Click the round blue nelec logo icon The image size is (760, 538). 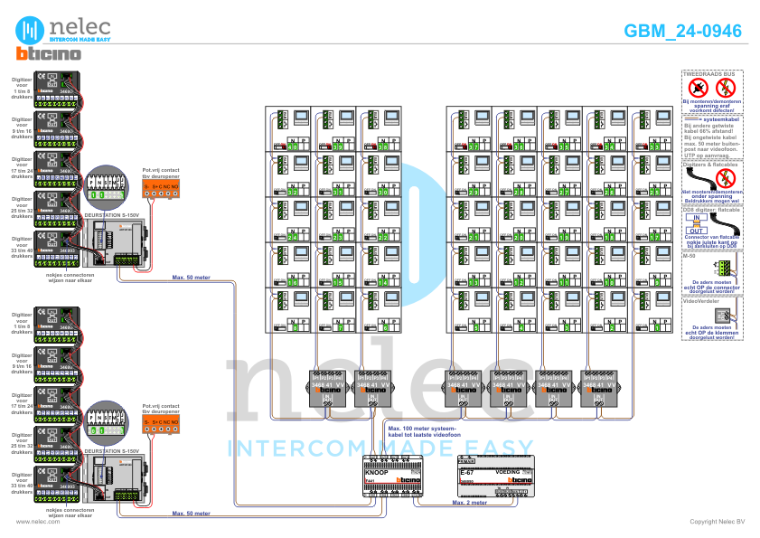point(32,28)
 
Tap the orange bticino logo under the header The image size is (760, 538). point(49,54)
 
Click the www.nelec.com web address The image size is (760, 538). point(33,522)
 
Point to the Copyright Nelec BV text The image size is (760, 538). point(717,522)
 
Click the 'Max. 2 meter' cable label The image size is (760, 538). point(470,501)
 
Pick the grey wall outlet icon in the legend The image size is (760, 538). point(722,315)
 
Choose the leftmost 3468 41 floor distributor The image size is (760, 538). point(326,384)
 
